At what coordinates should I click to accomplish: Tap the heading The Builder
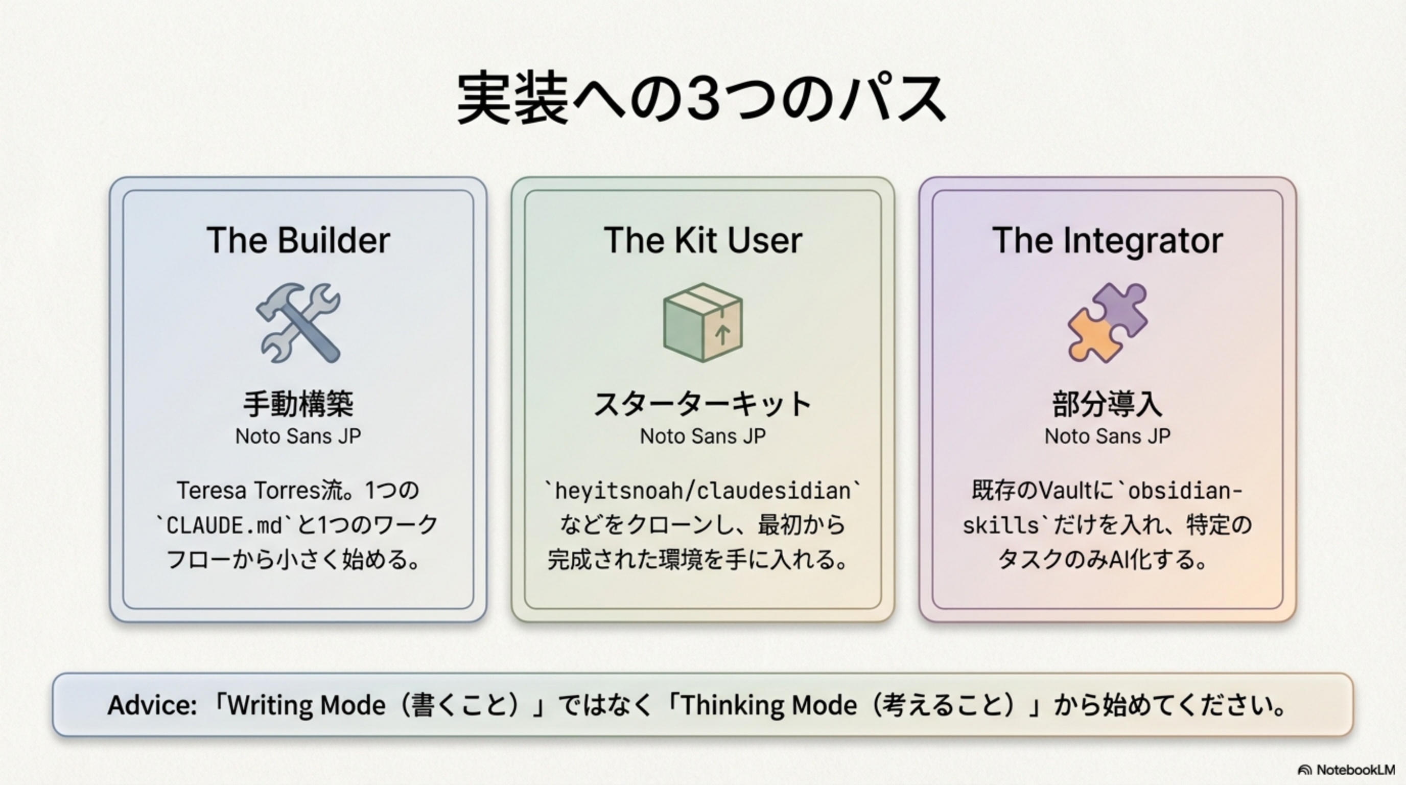tap(298, 240)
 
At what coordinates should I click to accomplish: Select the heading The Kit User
tap(702, 240)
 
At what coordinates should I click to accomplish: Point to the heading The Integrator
tap(1108, 240)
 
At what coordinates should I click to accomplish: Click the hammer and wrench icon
tap(298, 322)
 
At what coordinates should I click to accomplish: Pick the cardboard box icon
tap(702, 322)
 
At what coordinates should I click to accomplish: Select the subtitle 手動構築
tap(298, 404)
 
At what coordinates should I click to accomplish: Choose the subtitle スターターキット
tap(702, 404)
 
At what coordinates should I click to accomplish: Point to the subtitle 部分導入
tap(1108, 404)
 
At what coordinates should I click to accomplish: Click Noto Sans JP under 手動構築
tap(298, 436)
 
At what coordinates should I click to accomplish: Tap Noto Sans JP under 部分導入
tap(1108, 436)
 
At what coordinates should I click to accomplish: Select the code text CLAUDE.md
tap(224, 525)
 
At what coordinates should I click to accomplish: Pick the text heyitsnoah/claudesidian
tap(702, 490)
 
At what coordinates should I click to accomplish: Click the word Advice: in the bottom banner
tap(152, 705)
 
